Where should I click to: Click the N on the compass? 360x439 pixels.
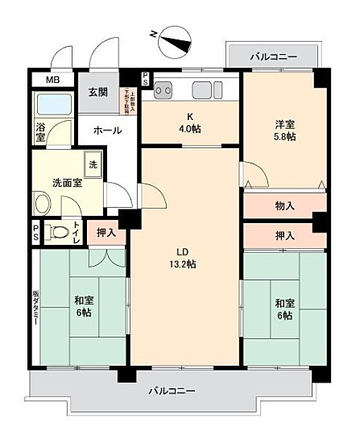(154, 34)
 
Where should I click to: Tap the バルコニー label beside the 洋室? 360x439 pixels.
(273, 56)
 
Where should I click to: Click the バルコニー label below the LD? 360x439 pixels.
(172, 391)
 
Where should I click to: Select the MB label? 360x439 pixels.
(52, 81)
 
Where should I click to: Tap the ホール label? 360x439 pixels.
(106, 130)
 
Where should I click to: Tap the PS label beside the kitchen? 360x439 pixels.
(144, 79)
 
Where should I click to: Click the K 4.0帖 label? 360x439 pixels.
(190, 120)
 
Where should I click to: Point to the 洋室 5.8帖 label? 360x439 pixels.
(284, 131)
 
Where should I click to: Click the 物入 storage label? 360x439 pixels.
(283, 205)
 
